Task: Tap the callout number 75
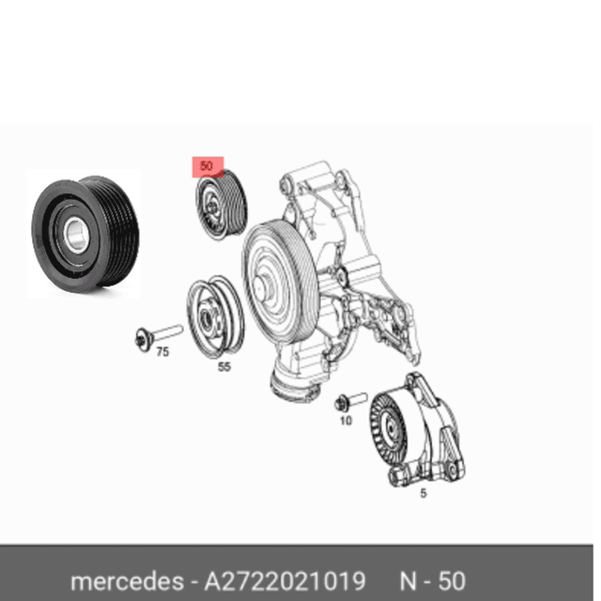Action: tap(162, 352)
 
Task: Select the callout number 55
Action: tap(223, 367)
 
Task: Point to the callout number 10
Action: tap(345, 423)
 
